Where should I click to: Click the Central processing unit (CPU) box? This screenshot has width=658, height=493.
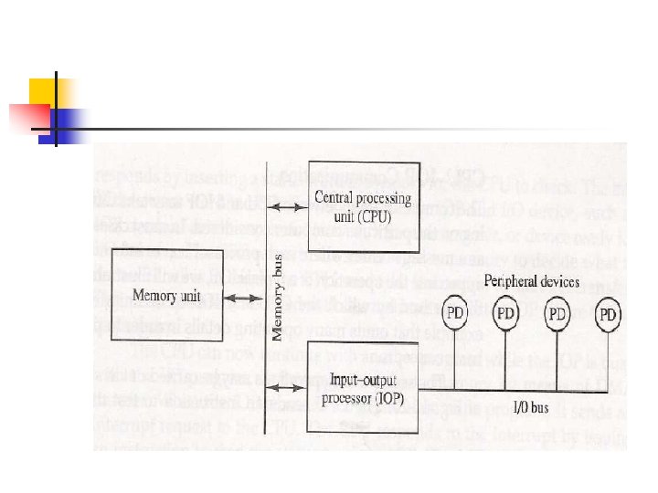362,208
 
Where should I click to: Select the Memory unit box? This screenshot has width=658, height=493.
165,294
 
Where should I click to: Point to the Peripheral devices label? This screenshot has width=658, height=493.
531,282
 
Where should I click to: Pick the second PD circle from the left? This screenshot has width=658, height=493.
506,315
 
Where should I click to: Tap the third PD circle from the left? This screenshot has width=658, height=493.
557,315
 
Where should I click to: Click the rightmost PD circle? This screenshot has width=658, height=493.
608,316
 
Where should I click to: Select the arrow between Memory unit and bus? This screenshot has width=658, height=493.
242,297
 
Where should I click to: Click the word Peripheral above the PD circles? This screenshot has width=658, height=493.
511,282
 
